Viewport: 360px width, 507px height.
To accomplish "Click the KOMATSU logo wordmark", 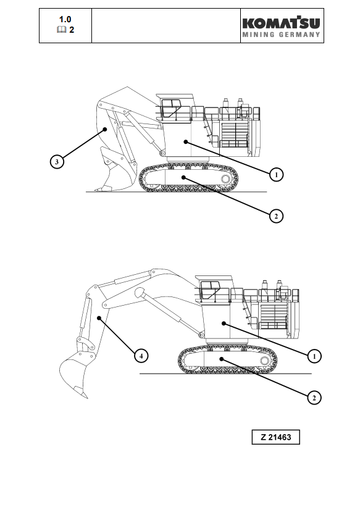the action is point(281,23).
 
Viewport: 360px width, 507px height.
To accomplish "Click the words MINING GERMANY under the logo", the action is point(281,35).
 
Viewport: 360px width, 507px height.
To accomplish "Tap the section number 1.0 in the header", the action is point(65,19).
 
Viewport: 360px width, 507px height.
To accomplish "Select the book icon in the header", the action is point(62,30).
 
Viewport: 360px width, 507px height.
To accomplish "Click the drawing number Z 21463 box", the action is point(276,437).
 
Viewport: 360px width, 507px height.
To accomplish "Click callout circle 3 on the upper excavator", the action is point(57,161).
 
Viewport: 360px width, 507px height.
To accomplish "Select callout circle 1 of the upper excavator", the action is point(276,175).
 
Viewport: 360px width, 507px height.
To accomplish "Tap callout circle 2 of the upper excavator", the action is point(276,216).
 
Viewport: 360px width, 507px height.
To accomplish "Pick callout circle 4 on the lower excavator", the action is point(141,356).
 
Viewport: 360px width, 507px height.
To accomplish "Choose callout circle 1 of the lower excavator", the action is point(314,356).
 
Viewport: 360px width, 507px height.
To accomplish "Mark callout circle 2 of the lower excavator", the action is point(314,398).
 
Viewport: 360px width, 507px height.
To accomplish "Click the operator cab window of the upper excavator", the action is point(171,108).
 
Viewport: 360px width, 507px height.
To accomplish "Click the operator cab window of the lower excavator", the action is point(209,290).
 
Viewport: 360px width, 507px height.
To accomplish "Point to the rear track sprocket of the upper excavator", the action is point(225,179).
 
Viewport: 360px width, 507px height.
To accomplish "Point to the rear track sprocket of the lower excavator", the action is point(264,361).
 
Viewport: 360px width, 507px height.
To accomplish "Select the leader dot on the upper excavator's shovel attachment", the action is point(105,129).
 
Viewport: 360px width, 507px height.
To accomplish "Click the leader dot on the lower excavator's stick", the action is point(99,318).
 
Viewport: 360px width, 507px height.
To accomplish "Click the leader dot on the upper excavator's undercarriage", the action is point(183,177).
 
